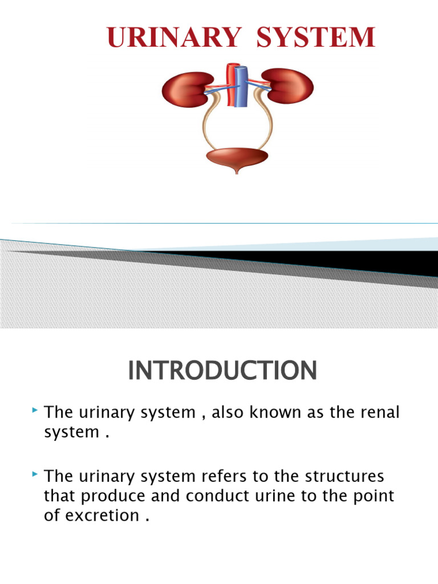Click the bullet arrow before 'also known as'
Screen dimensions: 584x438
(36, 410)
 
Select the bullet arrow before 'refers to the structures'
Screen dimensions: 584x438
(36, 474)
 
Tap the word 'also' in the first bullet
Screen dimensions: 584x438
(231, 412)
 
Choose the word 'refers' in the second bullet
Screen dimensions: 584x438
(225, 476)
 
